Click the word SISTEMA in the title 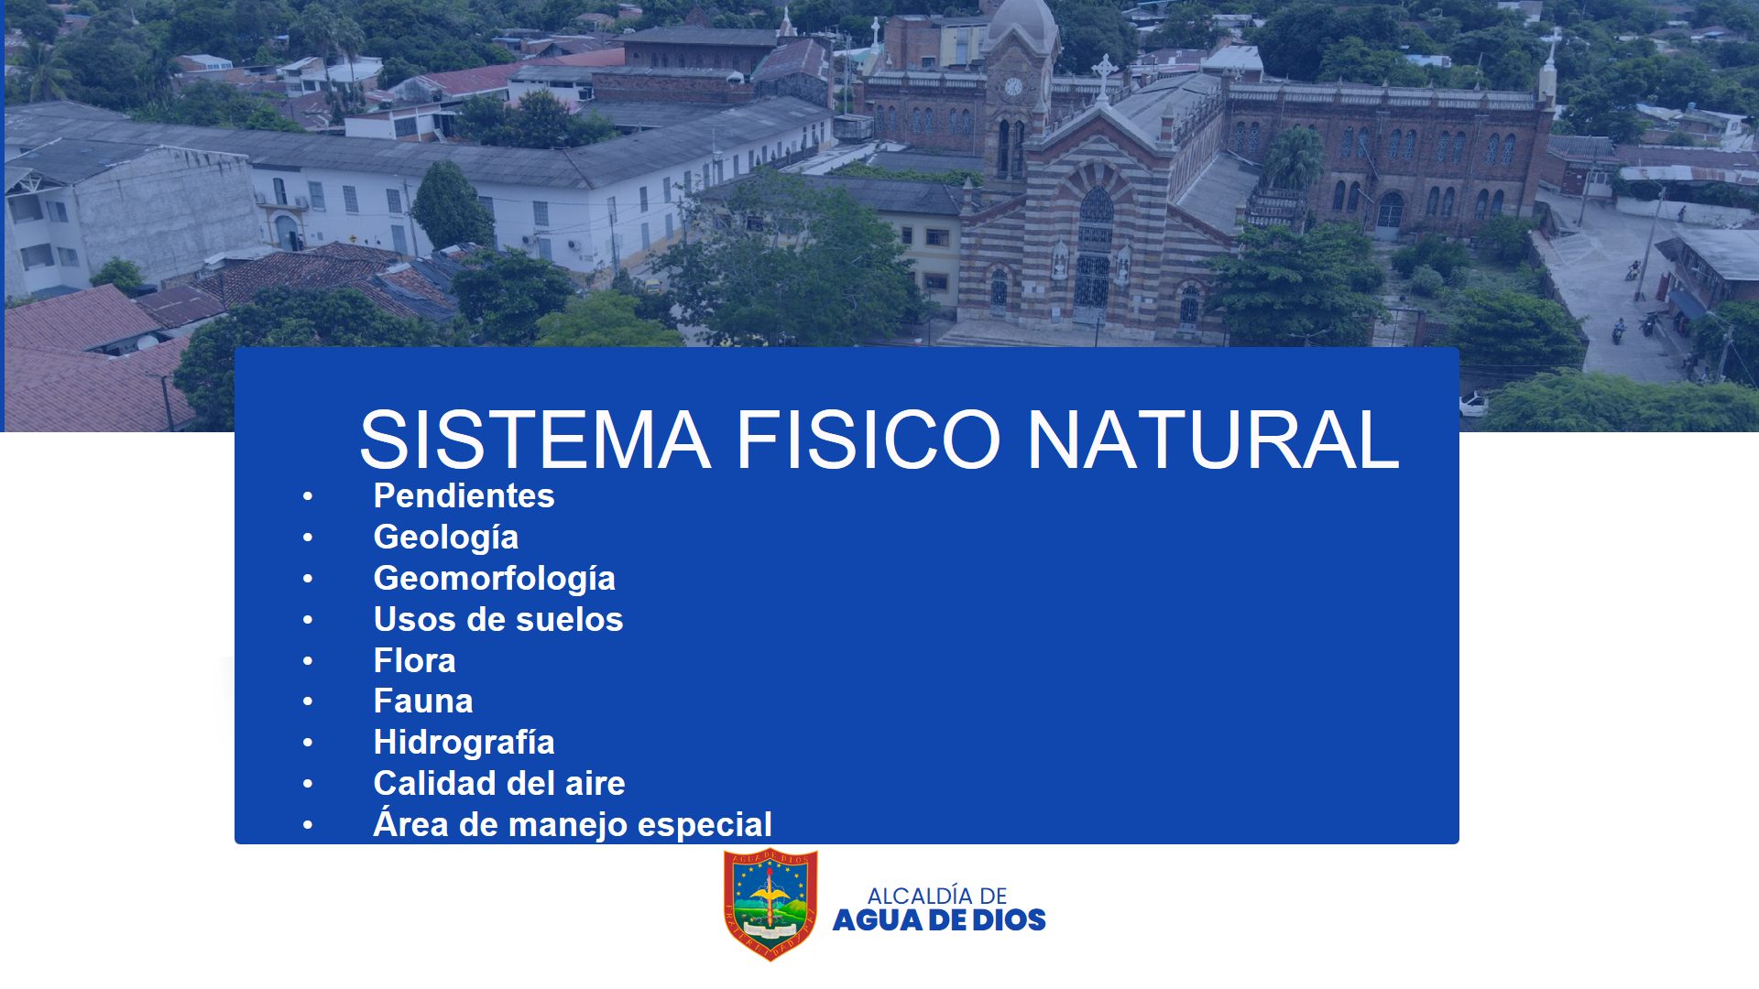click(535, 440)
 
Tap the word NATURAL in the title click(1213, 440)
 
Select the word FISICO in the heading click(869, 440)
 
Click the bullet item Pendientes click(464, 495)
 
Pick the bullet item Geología click(446, 538)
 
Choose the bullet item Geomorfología click(495, 579)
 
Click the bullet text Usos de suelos click(498, 619)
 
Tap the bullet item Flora click(414, 660)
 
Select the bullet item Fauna click(423, 701)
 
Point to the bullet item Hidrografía click(464, 743)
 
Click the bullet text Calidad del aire click(499, 784)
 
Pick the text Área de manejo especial click(573, 824)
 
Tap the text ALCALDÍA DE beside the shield click(937, 895)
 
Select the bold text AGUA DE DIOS click(939, 920)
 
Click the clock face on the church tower click(1013, 86)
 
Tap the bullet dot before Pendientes click(308, 496)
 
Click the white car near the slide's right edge click(1473, 405)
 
